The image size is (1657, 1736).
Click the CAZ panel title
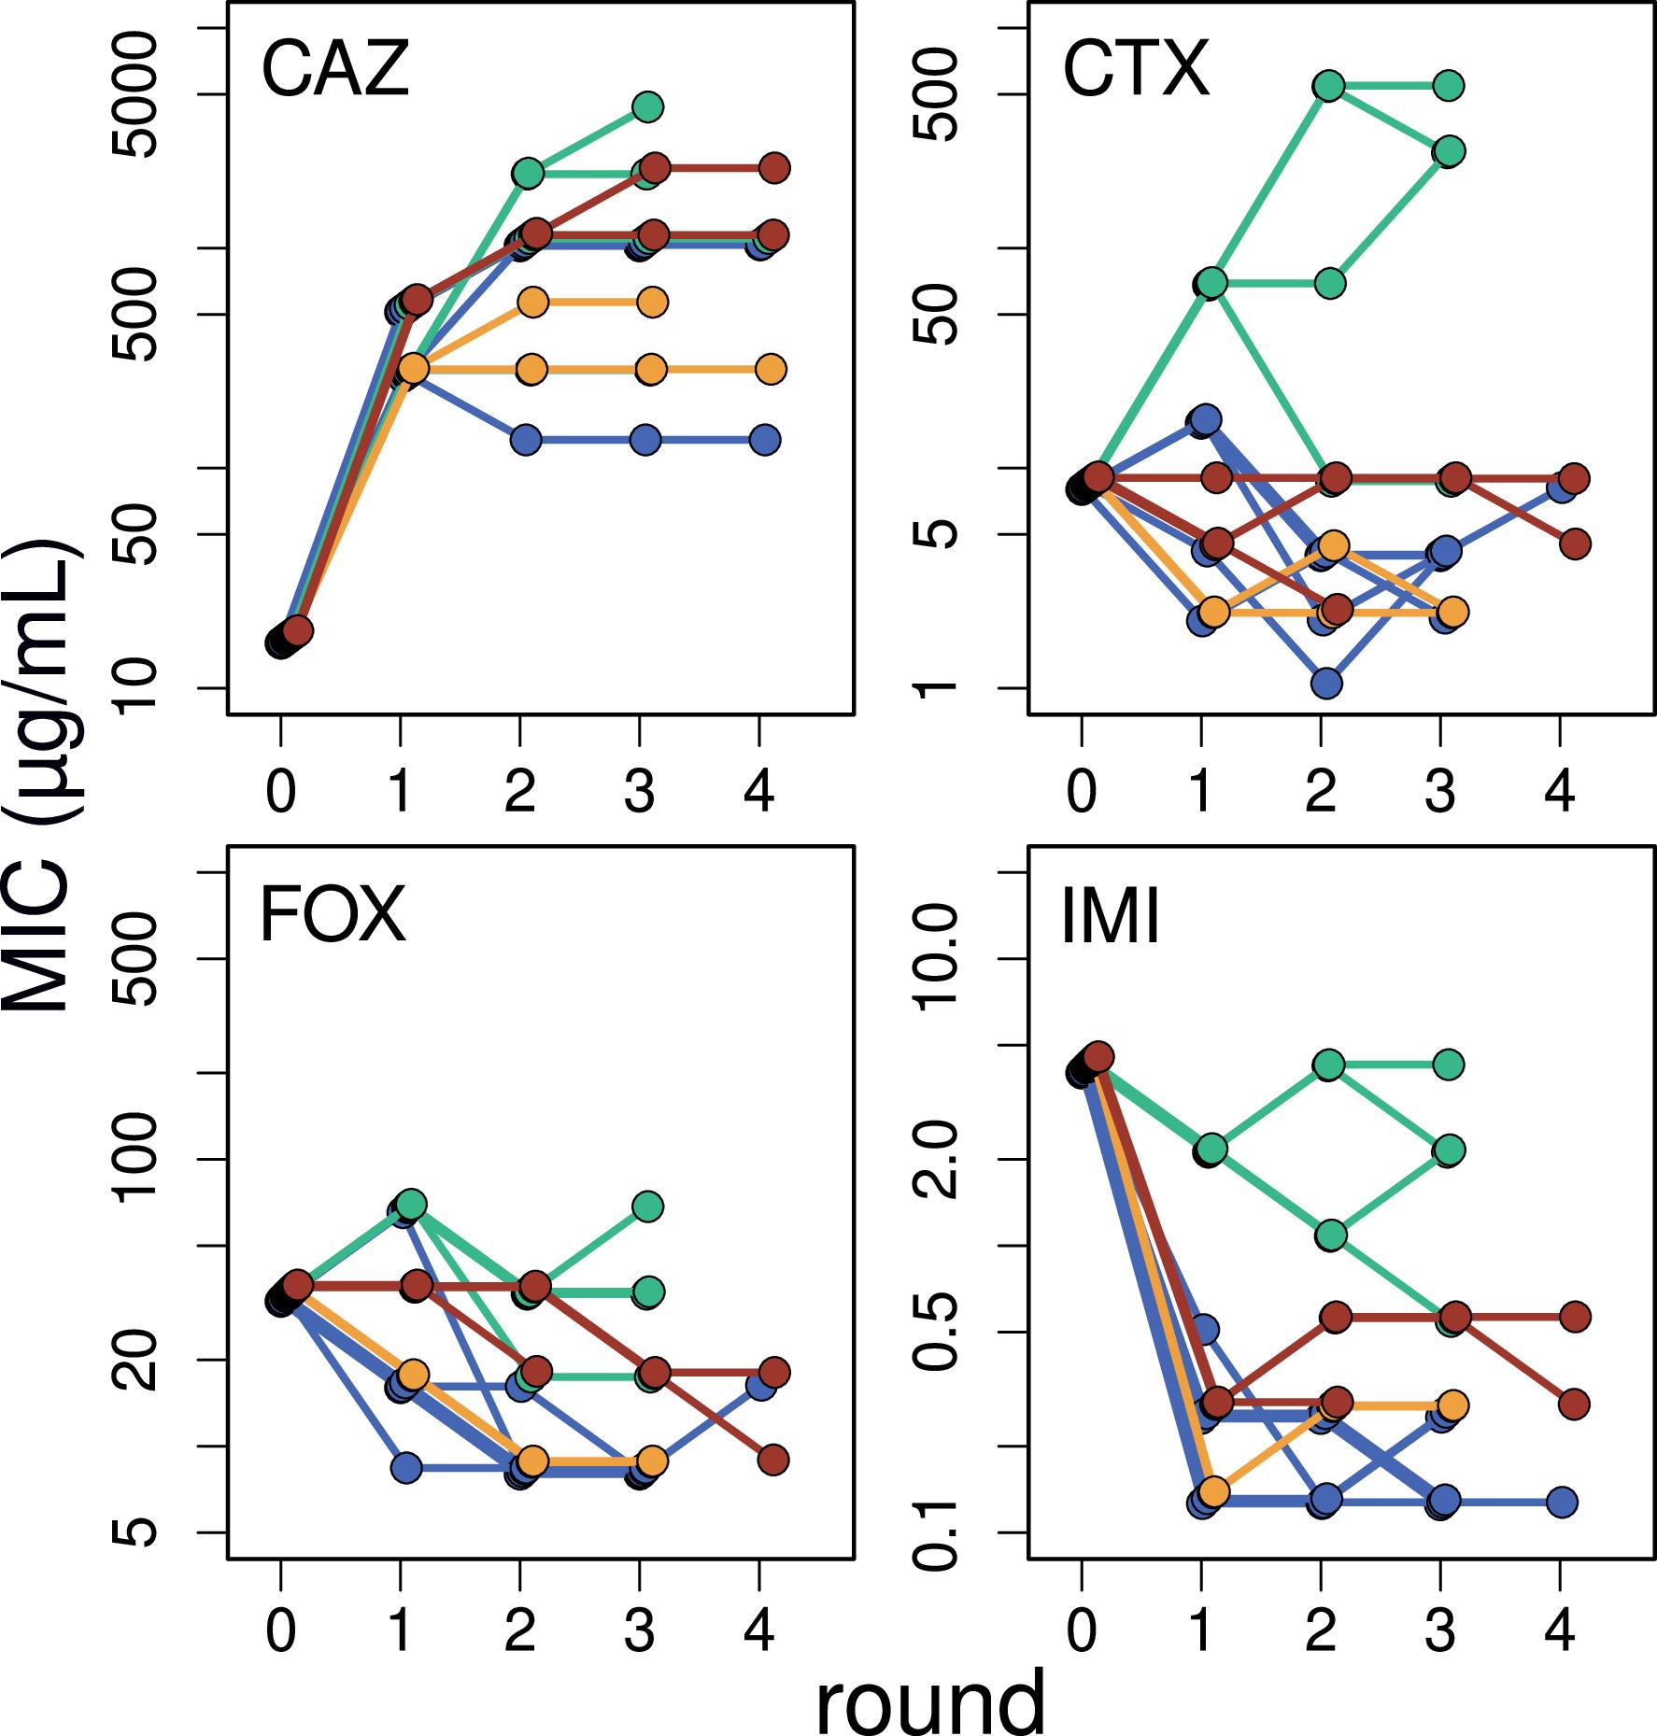tap(335, 69)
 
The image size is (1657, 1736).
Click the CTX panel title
tap(1136, 69)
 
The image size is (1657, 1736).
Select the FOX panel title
tap(333, 915)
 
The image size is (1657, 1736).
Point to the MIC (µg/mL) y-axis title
tap(37, 775)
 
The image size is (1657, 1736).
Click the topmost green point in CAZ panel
tap(647, 107)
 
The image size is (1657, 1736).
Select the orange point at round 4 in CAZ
tap(771, 369)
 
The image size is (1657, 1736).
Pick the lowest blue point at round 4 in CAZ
tap(764, 440)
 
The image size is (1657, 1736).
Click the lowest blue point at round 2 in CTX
tap(1326, 684)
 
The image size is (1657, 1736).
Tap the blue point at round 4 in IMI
tap(1562, 1503)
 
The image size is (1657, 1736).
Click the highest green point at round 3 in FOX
tap(647, 1207)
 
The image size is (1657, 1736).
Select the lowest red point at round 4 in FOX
tap(772, 1460)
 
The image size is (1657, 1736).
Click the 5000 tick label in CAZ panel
tap(135, 94)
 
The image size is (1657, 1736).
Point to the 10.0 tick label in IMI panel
tap(935, 958)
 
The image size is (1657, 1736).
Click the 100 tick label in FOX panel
tap(135, 1158)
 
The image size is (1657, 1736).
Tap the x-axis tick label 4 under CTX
tap(1559, 792)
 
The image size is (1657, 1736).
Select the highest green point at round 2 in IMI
tap(1328, 1065)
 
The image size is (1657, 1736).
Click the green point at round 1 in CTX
tap(1211, 283)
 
